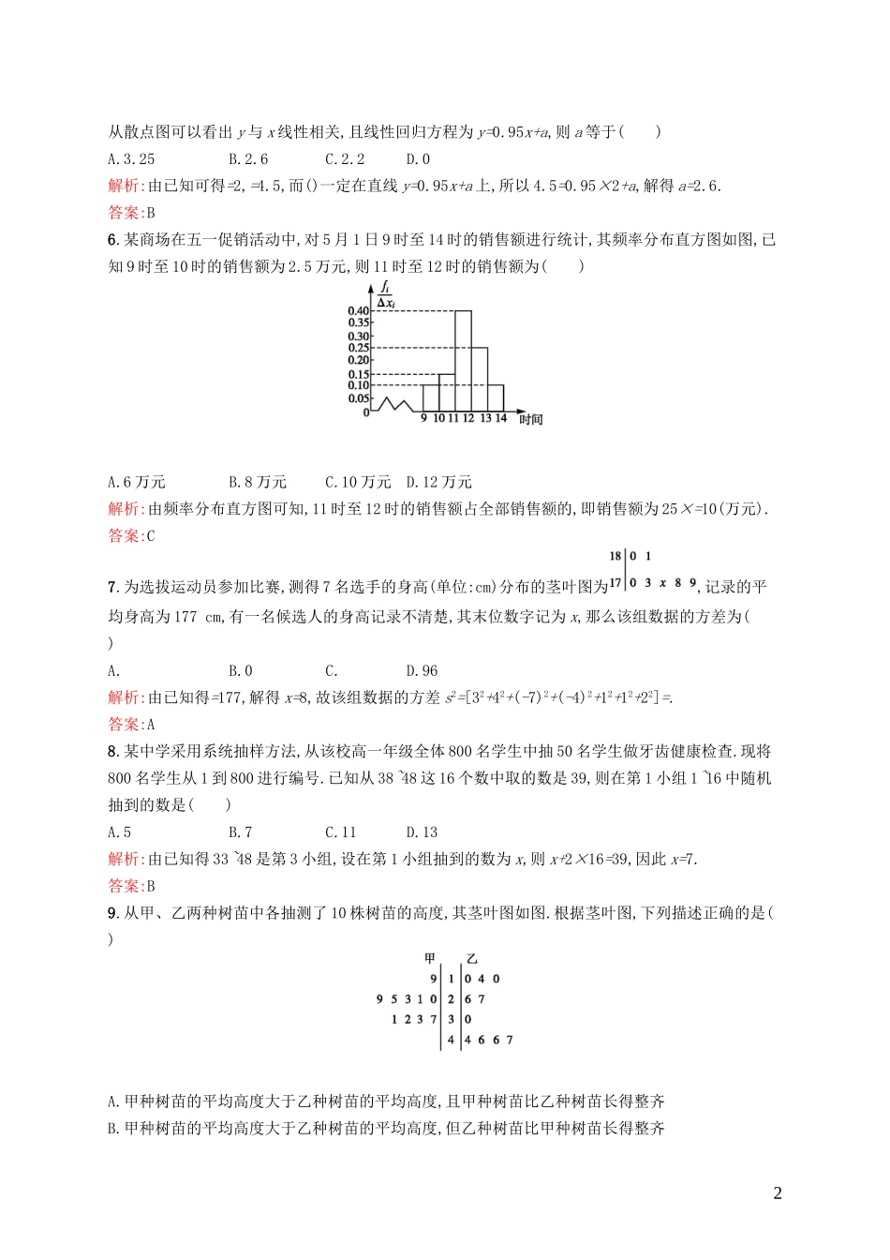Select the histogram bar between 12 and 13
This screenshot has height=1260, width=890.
pyautogui.click(x=479, y=380)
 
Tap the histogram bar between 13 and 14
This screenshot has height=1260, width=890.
pyautogui.click(x=496, y=397)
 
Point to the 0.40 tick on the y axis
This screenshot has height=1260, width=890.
pyautogui.click(x=359, y=311)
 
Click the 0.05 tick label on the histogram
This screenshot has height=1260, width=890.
pyautogui.click(x=359, y=398)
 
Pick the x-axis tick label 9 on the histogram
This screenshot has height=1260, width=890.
pyautogui.click(x=423, y=418)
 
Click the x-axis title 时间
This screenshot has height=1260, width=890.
pyautogui.click(x=531, y=419)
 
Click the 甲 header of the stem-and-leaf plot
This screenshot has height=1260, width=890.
pyautogui.click(x=431, y=958)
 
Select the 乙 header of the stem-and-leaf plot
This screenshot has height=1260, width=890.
pyautogui.click(x=471, y=958)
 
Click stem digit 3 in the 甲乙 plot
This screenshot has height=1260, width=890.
pyautogui.click(x=451, y=1019)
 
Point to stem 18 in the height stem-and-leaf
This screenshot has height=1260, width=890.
pyautogui.click(x=616, y=556)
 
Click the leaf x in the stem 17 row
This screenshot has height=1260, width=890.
pyautogui.click(x=662, y=583)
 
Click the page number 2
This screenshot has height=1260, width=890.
pyautogui.click(x=778, y=1193)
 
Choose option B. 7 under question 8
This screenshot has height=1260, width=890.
pyautogui.click(x=241, y=832)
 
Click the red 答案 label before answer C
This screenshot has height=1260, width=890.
pyautogui.click(x=125, y=536)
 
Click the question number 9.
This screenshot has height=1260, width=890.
pyautogui.click(x=112, y=912)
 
